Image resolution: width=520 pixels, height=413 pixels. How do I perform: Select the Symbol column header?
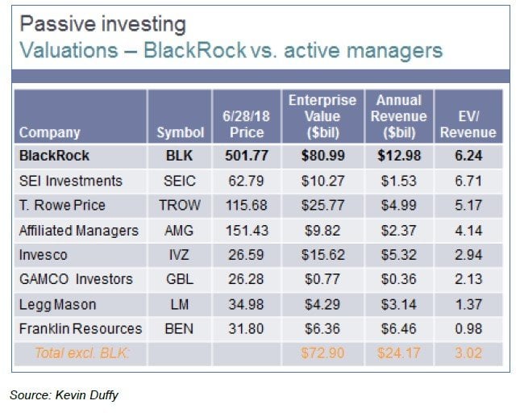pyautogui.click(x=178, y=132)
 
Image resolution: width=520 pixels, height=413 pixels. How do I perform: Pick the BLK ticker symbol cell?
pyautogui.click(x=178, y=156)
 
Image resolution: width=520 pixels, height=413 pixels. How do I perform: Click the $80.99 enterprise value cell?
pyautogui.click(x=322, y=156)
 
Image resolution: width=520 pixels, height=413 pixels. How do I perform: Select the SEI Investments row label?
pyautogui.click(x=70, y=181)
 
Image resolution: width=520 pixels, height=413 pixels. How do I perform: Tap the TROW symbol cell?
pyautogui.click(x=178, y=206)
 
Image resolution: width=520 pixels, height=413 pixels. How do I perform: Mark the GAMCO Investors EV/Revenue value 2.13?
pyautogui.click(x=468, y=279)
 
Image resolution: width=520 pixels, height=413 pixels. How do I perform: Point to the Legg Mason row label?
pyautogui.click(x=57, y=304)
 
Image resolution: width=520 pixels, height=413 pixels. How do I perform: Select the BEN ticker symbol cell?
pyautogui.click(x=178, y=328)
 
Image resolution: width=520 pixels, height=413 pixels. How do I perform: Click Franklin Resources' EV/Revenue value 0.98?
pyautogui.click(x=468, y=328)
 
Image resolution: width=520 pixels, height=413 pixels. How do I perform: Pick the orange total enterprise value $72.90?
pyautogui.click(x=322, y=353)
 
